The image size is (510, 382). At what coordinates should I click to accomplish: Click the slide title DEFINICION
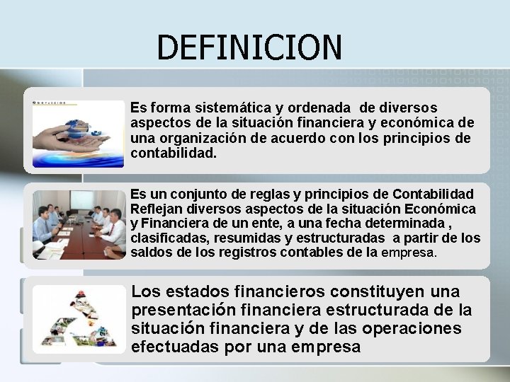point(249,47)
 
